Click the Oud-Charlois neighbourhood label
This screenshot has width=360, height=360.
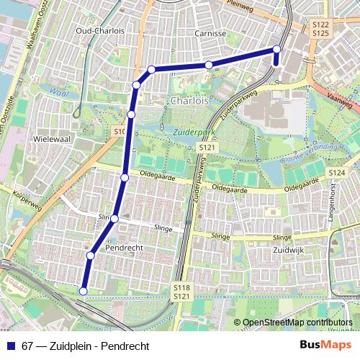click(101, 31)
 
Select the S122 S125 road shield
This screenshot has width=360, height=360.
click(321, 29)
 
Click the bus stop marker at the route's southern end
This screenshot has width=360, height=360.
click(83, 291)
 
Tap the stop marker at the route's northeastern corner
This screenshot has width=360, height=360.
click(276, 49)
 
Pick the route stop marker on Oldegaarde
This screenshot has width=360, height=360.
click(125, 178)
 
